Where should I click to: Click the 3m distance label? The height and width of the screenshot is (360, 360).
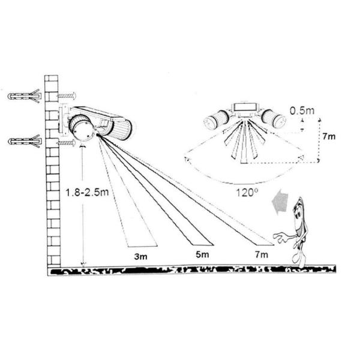click(x=140, y=256)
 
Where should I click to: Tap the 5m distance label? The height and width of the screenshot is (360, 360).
click(x=202, y=254)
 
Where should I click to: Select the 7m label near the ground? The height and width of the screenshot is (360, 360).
click(x=261, y=254)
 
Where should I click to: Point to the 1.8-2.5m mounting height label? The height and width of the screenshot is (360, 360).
click(x=87, y=192)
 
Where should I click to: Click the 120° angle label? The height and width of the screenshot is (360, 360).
click(x=247, y=193)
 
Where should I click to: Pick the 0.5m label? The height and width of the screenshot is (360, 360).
click(x=302, y=110)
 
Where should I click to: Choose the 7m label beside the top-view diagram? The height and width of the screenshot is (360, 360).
click(x=329, y=136)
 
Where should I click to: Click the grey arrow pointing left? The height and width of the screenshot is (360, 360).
click(x=280, y=201)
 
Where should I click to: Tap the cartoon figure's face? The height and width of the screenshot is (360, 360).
click(x=298, y=216)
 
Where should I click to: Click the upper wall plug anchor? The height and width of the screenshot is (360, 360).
click(x=25, y=96)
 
